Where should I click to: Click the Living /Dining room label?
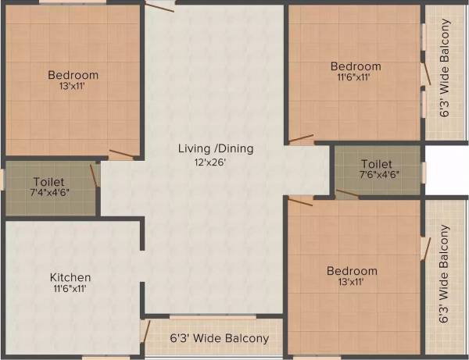[x=216, y=148]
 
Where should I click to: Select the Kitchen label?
[x=70, y=277]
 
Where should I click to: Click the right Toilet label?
[x=376, y=164]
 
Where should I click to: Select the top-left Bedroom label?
[x=73, y=75]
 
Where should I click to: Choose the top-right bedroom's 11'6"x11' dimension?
[x=355, y=78]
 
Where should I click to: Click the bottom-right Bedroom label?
[x=352, y=271]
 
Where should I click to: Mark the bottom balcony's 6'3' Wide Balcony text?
[x=220, y=338]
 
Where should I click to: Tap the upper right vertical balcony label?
[x=445, y=68]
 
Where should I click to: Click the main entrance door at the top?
[x=160, y=5]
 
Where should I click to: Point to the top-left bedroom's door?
[x=121, y=154]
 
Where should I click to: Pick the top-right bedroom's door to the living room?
[x=301, y=141]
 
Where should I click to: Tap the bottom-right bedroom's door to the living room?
[x=300, y=201]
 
